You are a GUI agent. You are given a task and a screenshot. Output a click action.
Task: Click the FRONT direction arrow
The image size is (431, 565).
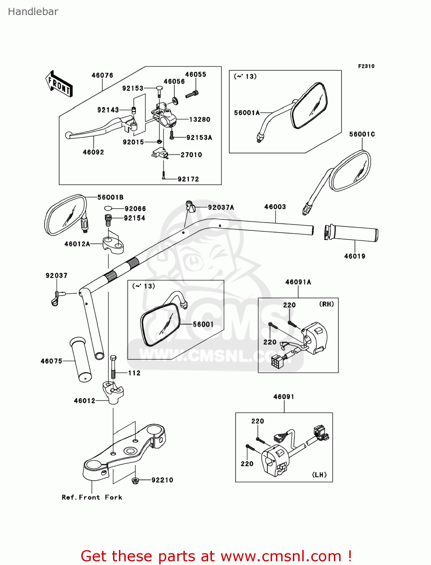(x=59, y=84)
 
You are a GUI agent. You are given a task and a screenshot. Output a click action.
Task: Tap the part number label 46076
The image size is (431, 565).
(x=102, y=75)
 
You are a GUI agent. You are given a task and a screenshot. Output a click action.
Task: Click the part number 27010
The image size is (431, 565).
(x=191, y=155)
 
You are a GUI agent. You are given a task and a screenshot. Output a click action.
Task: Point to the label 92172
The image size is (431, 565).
(x=188, y=179)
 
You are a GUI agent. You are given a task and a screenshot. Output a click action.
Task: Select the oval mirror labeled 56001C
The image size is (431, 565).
(x=350, y=171)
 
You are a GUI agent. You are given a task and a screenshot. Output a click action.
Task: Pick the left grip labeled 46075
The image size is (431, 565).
(x=81, y=359)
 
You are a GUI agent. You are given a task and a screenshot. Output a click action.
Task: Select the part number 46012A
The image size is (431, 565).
(x=77, y=244)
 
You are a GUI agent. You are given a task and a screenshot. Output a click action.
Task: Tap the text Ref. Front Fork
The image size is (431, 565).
(x=92, y=497)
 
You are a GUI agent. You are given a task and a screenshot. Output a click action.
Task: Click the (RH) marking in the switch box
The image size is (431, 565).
(x=326, y=304)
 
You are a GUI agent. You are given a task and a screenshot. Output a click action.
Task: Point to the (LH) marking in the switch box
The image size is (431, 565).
(x=319, y=475)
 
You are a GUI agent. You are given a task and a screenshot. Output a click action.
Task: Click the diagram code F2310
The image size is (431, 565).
(x=366, y=66)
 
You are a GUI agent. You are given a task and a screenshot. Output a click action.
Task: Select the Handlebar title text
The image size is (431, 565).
(x=33, y=12)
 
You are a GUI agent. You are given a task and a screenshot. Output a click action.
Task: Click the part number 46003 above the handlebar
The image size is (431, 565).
(x=275, y=207)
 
